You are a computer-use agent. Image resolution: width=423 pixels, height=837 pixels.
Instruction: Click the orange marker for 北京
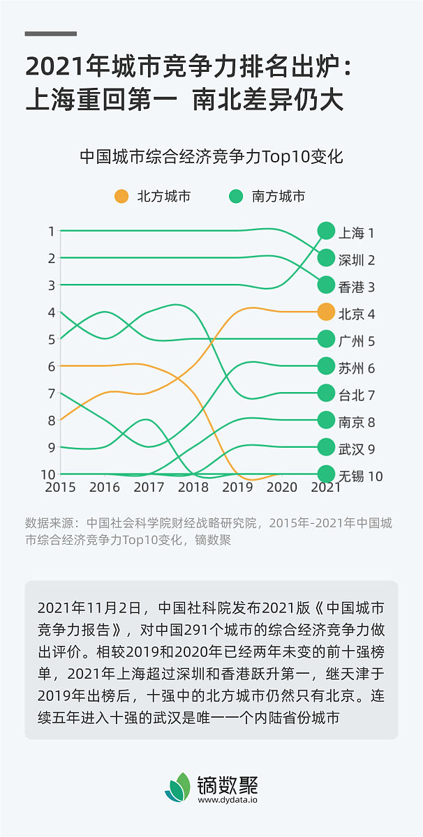[x=326, y=312]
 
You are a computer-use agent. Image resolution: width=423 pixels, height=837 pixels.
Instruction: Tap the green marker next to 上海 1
[x=326, y=231]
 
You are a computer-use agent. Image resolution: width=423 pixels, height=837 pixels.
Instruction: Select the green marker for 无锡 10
[x=326, y=474]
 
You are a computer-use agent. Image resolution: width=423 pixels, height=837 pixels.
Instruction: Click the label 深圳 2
[x=357, y=260]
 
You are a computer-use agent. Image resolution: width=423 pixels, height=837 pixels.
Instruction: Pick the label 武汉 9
[x=357, y=449]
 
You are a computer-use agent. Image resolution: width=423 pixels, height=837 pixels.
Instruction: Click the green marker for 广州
[x=326, y=339]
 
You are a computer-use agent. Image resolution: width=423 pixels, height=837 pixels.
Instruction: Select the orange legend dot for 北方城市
[x=121, y=197]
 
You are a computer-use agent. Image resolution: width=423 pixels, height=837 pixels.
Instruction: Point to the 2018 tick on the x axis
[x=193, y=488]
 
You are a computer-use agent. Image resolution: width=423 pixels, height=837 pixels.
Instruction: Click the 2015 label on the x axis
[x=60, y=488]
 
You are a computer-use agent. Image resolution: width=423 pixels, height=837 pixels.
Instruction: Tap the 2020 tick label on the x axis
[x=282, y=488]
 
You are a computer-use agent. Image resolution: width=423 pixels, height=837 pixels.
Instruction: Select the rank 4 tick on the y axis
[x=52, y=312]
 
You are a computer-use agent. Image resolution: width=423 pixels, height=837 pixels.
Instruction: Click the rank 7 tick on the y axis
[x=52, y=393]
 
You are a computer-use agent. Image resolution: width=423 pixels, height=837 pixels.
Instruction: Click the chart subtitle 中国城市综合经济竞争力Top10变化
[x=211, y=156]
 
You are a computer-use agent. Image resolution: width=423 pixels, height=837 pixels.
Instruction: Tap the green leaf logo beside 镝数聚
[x=178, y=787]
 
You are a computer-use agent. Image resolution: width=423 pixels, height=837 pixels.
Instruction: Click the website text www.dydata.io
[x=228, y=801]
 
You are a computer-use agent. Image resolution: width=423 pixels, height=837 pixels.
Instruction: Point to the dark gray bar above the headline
[x=51, y=33]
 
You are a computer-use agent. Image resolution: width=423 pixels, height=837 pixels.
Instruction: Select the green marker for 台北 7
[x=326, y=393]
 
